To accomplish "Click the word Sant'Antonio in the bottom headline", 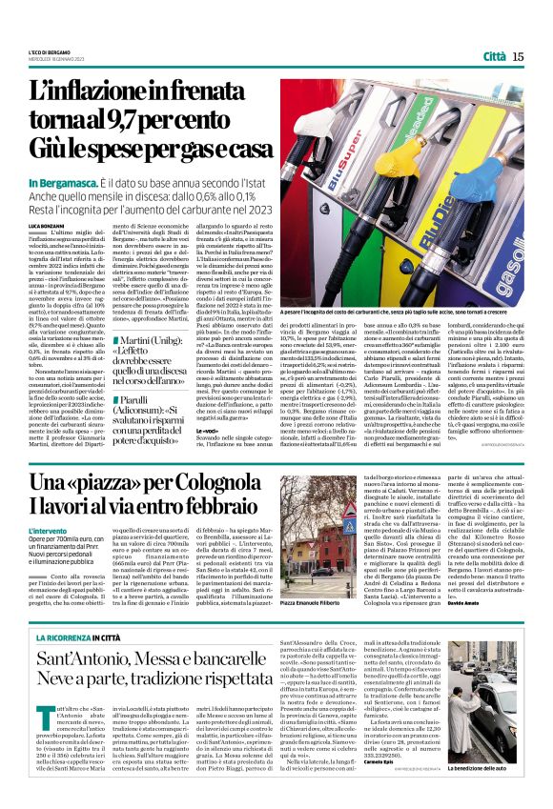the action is tap(111, 659).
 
